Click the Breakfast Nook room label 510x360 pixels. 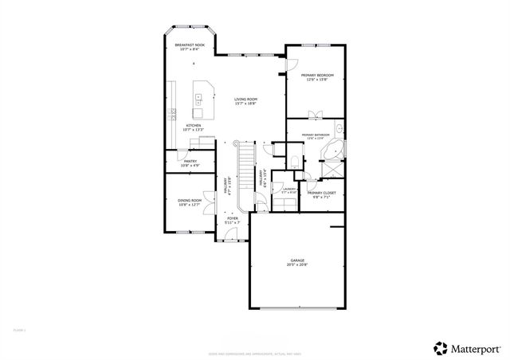coord(190,45)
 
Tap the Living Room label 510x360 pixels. coord(245,99)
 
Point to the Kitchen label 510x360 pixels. coord(194,125)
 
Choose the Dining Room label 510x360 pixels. coord(190,201)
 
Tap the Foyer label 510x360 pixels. coord(233,217)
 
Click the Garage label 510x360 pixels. coord(297,260)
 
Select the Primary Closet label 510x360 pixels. coord(322,193)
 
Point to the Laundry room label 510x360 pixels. coord(288,190)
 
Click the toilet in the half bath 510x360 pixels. coord(294,161)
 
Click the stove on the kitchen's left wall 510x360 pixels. coord(171,116)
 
